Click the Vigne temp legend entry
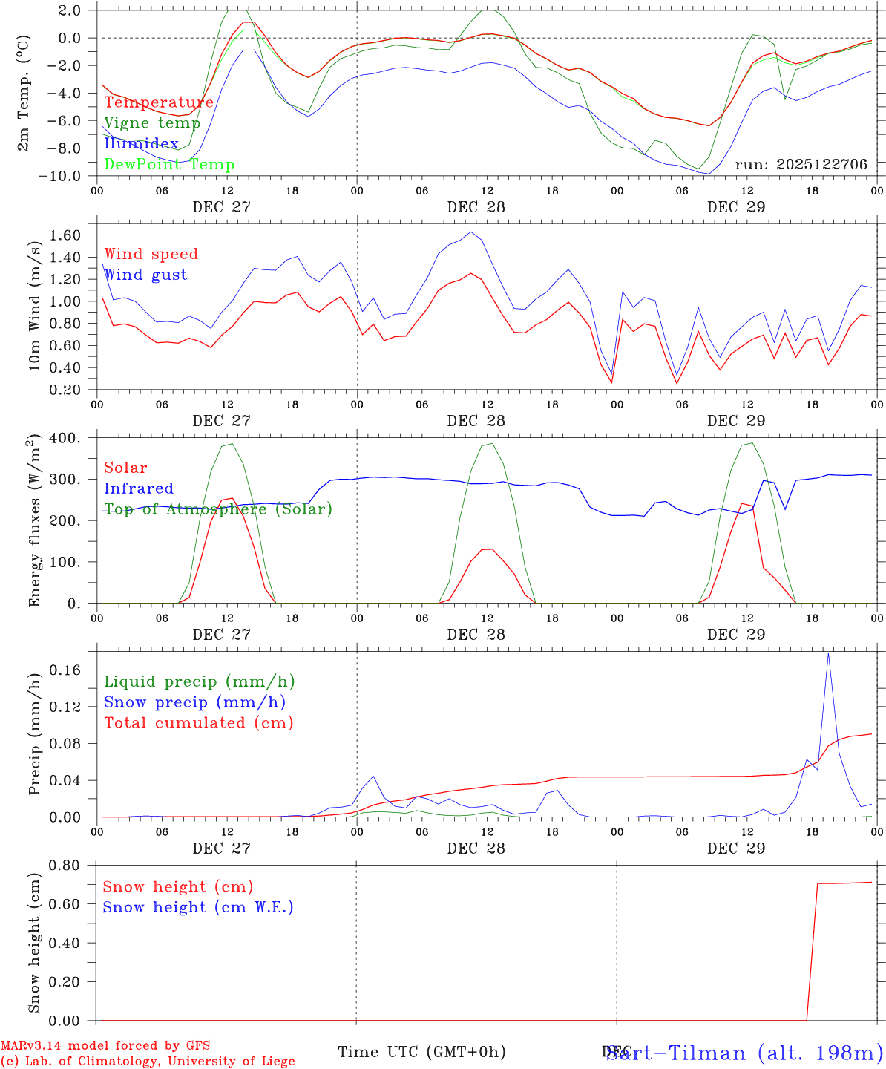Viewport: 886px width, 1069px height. click(x=152, y=123)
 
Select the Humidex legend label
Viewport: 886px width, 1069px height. click(x=141, y=144)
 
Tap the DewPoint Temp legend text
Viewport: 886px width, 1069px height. click(x=169, y=165)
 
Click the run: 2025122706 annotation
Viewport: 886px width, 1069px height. click(x=801, y=165)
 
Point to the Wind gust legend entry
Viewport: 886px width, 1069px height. click(x=145, y=275)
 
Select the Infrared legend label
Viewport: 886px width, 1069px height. click(x=139, y=488)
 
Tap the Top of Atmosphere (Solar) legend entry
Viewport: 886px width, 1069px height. click(x=218, y=509)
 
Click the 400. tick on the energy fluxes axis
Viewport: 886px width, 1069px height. click(x=65, y=439)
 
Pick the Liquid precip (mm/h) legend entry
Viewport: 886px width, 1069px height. click(x=200, y=681)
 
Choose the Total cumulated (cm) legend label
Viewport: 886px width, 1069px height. click(x=199, y=723)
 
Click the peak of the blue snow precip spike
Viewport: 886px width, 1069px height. click(x=828, y=653)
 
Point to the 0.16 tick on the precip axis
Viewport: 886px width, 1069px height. click(x=65, y=670)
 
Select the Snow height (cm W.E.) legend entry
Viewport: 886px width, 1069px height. click(x=198, y=907)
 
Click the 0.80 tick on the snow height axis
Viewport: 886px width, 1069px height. click(x=65, y=865)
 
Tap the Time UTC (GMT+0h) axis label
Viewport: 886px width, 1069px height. click(x=421, y=1052)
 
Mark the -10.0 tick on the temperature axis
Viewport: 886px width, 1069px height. click(x=62, y=176)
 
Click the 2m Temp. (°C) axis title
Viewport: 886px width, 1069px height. click(x=24, y=92)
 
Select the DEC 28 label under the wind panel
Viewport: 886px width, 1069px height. click(x=476, y=421)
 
